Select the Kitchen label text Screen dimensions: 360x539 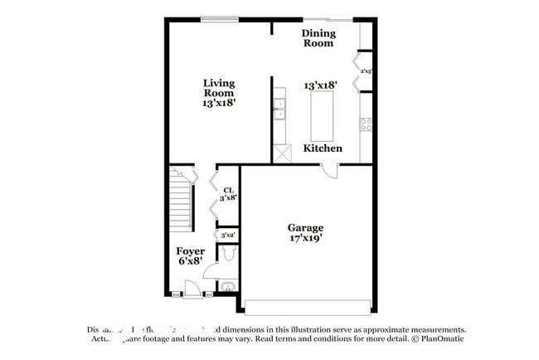click(x=323, y=148)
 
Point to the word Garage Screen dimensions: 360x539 click(x=305, y=227)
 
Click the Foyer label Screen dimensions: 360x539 click(x=190, y=251)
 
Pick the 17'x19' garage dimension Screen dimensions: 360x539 click(x=305, y=238)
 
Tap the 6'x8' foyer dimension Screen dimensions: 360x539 click(x=190, y=261)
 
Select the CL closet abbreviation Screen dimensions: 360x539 click(x=226, y=188)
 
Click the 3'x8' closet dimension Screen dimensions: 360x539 click(x=227, y=198)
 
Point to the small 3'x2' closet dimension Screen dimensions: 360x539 click(x=228, y=236)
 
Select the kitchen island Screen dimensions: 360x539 click(x=322, y=117)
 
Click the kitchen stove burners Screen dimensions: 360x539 click(x=365, y=125)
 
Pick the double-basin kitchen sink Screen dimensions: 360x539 click(x=280, y=109)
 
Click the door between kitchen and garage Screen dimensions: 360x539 click(x=330, y=171)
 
